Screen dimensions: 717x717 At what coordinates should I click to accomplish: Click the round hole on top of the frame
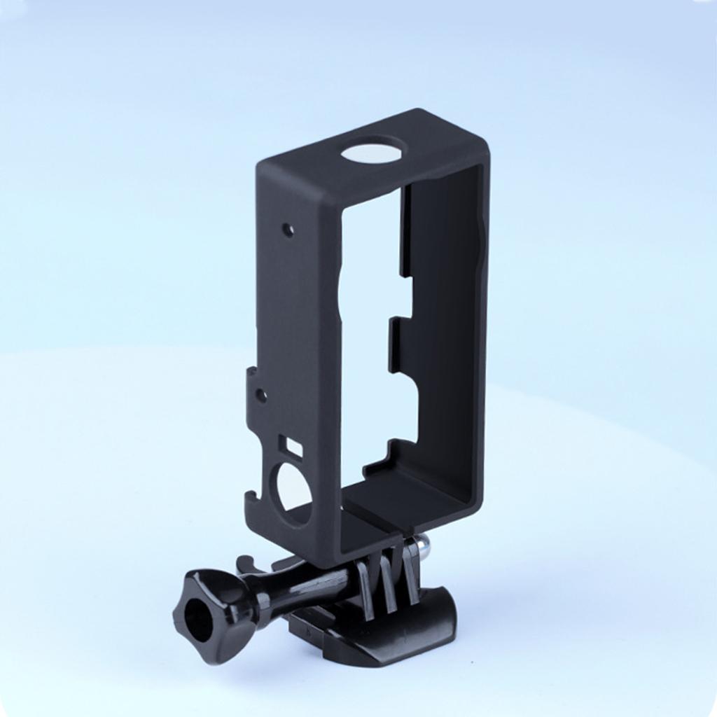[374, 149]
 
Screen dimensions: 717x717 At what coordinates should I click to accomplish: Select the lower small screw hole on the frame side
[261, 396]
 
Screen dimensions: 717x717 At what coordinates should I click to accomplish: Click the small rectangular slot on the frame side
[291, 446]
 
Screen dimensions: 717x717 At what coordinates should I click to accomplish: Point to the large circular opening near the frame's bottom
[294, 488]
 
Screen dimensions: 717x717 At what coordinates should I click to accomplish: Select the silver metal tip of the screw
[422, 542]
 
